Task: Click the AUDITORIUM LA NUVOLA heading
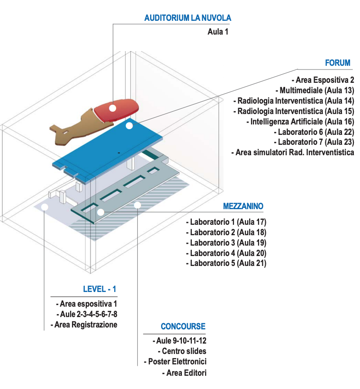click(x=188, y=18)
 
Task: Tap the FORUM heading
click(x=338, y=63)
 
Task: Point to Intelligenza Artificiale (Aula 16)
click(x=302, y=121)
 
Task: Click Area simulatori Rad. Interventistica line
click(x=292, y=152)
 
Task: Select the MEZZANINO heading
click(x=243, y=206)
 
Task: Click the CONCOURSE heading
click(x=183, y=327)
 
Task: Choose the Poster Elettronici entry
click(x=175, y=362)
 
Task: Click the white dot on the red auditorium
click(x=112, y=108)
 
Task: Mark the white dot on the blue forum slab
click(x=129, y=125)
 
